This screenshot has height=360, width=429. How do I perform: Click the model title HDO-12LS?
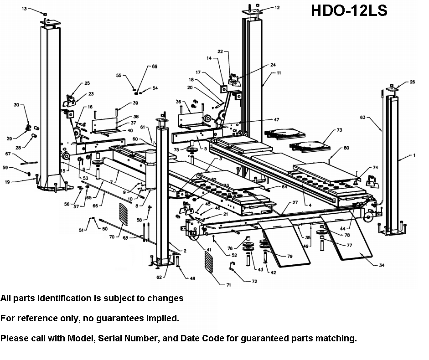[x=349, y=10]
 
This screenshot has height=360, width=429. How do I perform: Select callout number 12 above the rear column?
[x=277, y=8]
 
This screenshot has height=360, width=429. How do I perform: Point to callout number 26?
[x=413, y=82]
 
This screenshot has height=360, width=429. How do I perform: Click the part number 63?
[x=363, y=118]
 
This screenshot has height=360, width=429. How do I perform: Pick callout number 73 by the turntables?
[x=339, y=130]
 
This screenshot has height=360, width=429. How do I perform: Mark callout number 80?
[x=346, y=148]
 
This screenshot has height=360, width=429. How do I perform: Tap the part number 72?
[x=254, y=281]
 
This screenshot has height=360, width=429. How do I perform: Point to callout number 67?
[x=8, y=154]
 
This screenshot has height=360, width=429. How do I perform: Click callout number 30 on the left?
[x=16, y=105]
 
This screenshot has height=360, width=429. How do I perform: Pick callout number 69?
[x=155, y=67]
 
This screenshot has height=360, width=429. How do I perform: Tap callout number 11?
[x=279, y=72]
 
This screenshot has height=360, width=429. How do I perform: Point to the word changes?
[x=167, y=298]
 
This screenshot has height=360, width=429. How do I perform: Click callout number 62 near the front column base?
[x=159, y=277]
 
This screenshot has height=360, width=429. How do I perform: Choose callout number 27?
[x=295, y=202]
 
